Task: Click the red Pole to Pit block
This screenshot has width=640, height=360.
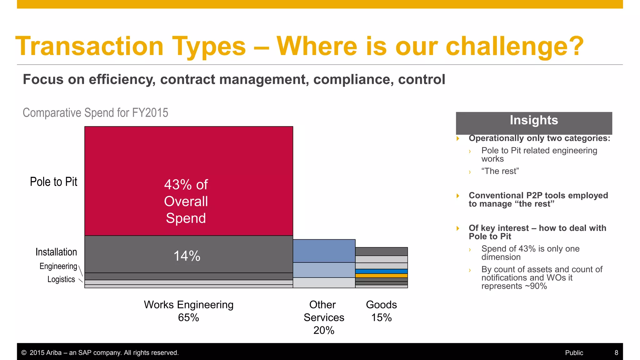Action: [x=188, y=156]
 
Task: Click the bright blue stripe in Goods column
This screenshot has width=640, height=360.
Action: [x=381, y=271]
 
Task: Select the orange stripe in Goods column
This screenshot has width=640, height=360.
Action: [x=381, y=276]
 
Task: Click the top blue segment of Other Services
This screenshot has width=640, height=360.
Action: [x=324, y=251]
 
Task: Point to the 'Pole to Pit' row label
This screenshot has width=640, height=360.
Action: [x=53, y=182]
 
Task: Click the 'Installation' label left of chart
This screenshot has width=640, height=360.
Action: [x=56, y=252]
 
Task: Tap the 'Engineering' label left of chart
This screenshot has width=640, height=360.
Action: [x=58, y=266]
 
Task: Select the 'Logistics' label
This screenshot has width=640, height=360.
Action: [x=61, y=279]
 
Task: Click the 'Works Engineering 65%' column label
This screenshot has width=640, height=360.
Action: [x=188, y=311]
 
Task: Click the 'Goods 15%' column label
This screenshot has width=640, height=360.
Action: [x=381, y=311]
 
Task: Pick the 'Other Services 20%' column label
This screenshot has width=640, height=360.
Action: [x=324, y=317]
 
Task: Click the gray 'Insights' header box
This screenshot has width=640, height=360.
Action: [x=534, y=122]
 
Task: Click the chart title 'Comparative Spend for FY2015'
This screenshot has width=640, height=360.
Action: [x=95, y=113]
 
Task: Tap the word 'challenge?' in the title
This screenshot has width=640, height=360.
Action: [x=514, y=46]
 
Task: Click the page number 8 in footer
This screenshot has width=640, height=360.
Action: [x=616, y=352]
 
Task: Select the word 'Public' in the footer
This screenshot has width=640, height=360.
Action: [x=574, y=352]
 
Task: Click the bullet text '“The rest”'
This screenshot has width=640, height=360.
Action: [x=500, y=171]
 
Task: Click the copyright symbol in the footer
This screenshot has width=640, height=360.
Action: [x=24, y=353]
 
